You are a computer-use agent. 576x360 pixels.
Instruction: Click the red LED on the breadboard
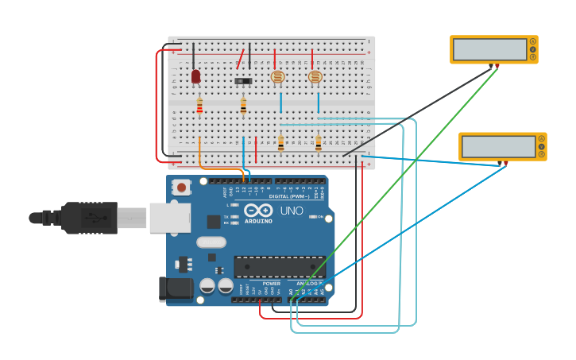click(x=195, y=76)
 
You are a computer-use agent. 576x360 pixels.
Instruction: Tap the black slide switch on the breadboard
click(x=243, y=80)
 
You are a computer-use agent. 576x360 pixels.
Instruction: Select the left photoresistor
click(x=277, y=77)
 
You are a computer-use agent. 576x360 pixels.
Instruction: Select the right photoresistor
click(x=315, y=77)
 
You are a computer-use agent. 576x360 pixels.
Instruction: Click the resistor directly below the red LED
click(x=199, y=105)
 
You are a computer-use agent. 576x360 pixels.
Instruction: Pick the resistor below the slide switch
click(x=243, y=105)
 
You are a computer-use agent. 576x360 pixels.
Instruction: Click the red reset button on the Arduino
click(x=182, y=188)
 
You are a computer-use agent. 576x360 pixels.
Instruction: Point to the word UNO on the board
click(x=292, y=211)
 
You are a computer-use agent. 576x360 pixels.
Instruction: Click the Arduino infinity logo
click(x=258, y=211)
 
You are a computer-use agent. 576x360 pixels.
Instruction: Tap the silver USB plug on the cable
click(x=132, y=218)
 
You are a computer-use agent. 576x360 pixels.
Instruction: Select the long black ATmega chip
click(x=279, y=267)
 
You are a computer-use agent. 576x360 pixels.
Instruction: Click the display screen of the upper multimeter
click(x=489, y=49)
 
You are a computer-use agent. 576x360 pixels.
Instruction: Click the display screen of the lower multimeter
click(x=498, y=146)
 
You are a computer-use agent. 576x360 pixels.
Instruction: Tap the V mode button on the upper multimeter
click(x=533, y=49)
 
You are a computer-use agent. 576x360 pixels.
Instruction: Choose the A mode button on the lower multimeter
click(x=542, y=138)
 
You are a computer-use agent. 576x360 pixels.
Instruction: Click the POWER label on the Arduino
click(x=271, y=284)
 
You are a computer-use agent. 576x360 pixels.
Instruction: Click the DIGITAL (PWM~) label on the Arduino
click(x=289, y=195)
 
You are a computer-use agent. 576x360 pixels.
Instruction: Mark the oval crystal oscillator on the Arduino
click(x=211, y=242)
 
